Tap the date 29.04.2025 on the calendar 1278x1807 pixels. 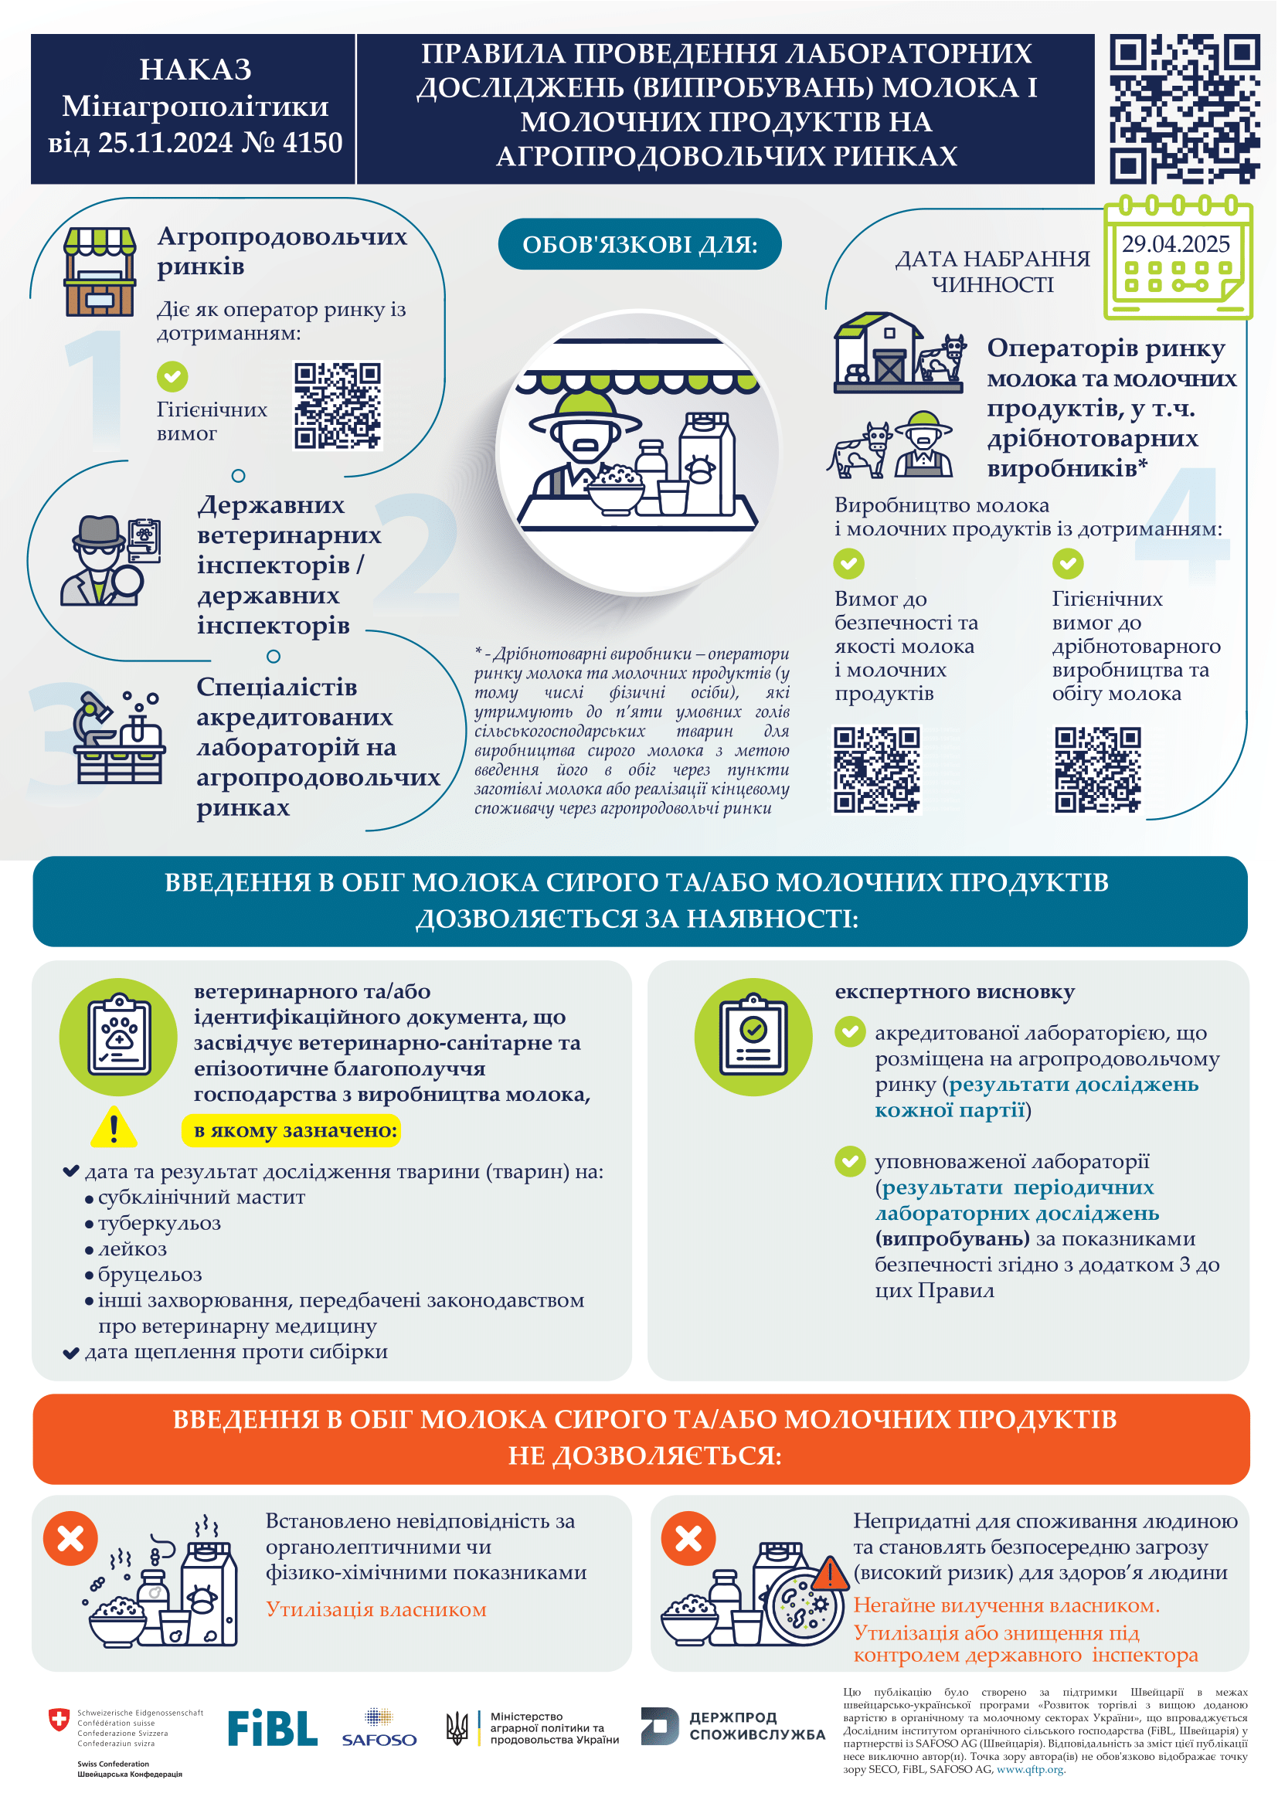1175,244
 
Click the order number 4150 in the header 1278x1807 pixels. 312,143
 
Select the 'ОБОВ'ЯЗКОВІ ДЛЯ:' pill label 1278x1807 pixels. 639,244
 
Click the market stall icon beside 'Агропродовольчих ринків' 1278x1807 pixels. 99,271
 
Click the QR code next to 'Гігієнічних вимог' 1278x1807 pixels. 338,406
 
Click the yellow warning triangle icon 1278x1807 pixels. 114,1128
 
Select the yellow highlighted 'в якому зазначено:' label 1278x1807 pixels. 291,1130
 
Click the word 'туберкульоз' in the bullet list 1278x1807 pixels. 159,1222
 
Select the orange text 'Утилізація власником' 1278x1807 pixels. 376,1608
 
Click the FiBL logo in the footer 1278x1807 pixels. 272,1727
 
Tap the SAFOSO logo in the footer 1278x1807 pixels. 379,1728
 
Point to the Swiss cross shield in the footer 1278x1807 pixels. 59,1719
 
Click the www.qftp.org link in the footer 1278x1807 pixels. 1029,1769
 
